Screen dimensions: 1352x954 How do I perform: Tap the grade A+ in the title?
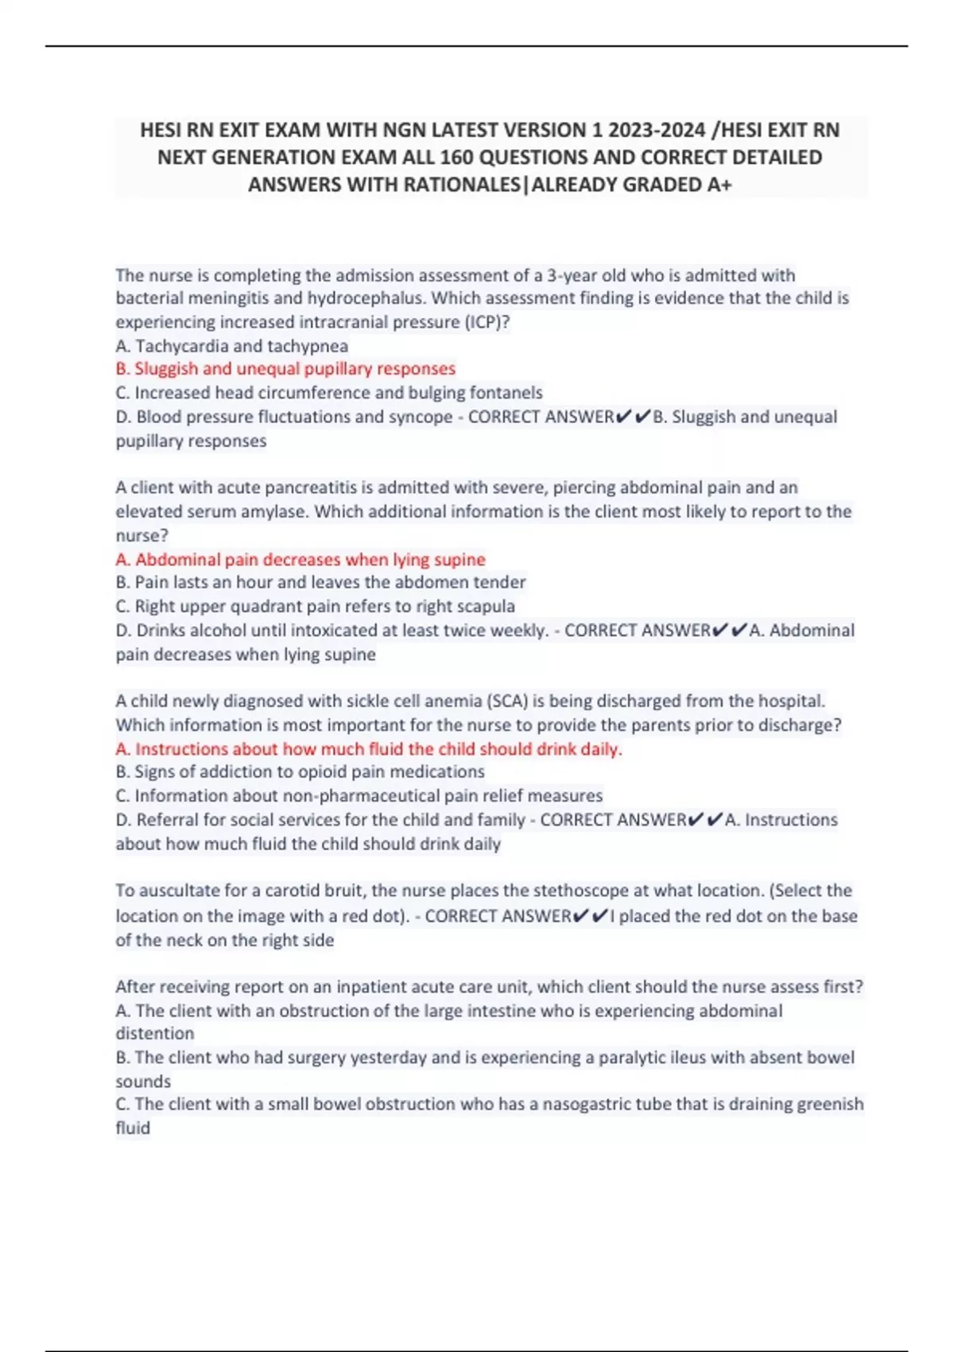point(719,185)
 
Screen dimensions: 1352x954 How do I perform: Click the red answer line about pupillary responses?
point(285,369)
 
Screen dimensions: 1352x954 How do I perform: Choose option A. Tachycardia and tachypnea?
point(232,346)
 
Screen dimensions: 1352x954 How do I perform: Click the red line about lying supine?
point(301,559)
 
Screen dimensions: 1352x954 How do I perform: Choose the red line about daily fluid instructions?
point(369,749)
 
